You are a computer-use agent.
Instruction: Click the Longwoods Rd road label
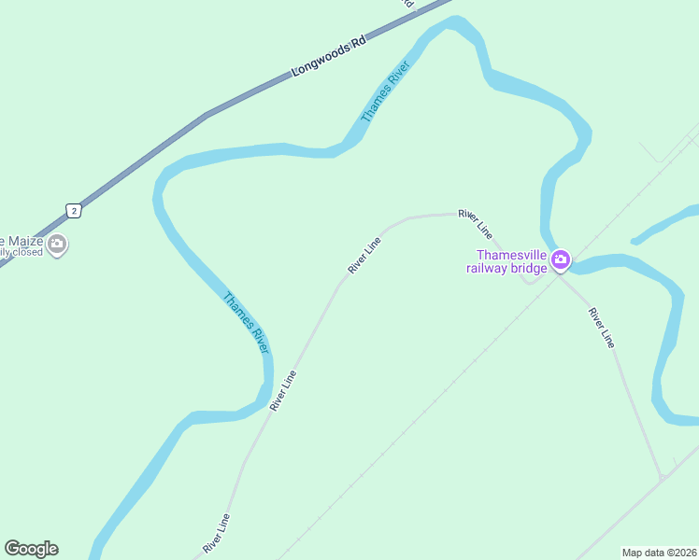click(x=327, y=58)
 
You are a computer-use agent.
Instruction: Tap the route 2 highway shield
click(x=74, y=210)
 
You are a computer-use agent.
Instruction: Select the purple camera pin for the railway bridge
click(x=561, y=259)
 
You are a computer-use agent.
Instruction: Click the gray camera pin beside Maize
click(x=57, y=245)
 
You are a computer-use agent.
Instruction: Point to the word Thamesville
click(x=510, y=255)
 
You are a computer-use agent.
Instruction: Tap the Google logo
click(x=31, y=549)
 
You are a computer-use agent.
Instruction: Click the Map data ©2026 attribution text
click(x=658, y=553)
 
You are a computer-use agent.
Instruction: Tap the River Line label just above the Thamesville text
click(x=475, y=222)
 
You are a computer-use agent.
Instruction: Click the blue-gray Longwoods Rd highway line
click(x=140, y=159)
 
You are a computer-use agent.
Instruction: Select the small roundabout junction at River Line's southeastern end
click(x=663, y=477)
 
